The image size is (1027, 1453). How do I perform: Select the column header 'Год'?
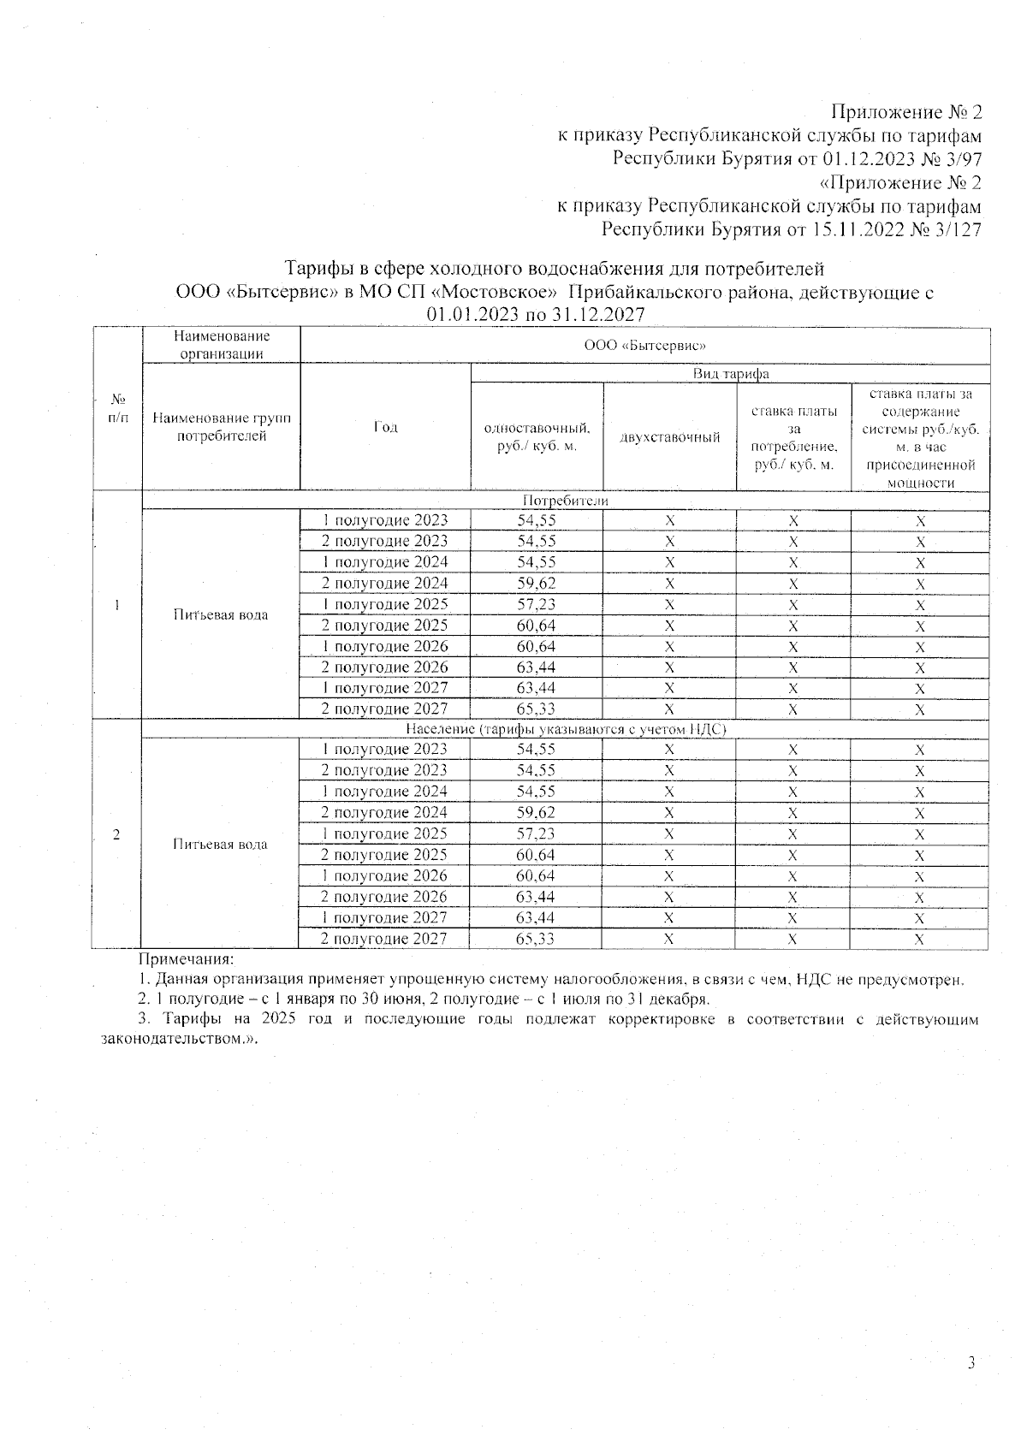[x=385, y=427]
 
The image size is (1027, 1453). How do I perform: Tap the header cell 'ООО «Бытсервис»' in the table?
[x=644, y=346]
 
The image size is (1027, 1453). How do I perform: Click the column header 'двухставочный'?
[x=669, y=437]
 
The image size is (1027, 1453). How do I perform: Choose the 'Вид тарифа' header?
[x=730, y=374]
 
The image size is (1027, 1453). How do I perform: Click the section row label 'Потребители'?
[x=565, y=501]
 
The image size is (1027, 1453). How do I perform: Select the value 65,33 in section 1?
[x=536, y=709]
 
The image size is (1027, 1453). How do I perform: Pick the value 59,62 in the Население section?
[x=536, y=812]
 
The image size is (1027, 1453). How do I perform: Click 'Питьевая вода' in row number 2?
[x=220, y=844]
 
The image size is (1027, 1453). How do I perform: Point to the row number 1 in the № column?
[x=116, y=605]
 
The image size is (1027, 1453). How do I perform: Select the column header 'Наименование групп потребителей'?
[x=221, y=427]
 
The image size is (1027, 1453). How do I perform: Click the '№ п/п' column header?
[x=116, y=408]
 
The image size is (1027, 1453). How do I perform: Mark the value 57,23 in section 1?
[x=536, y=604]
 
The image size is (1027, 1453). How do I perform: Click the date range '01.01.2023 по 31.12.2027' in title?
[x=536, y=314]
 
